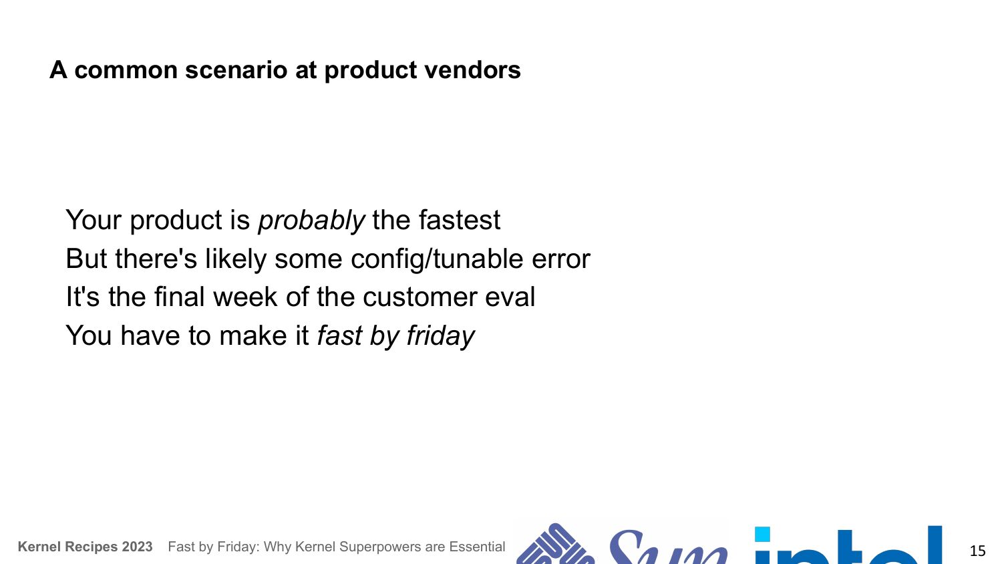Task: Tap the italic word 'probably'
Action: coord(312,221)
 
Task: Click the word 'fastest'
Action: coord(460,220)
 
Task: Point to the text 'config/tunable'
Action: coord(437,259)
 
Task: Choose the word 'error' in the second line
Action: coord(561,260)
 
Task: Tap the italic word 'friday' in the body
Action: coord(441,335)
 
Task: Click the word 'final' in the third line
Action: coord(180,297)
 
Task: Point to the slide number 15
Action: coord(977,551)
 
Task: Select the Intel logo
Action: coord(848,545)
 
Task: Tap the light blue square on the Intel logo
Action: coord(762,535)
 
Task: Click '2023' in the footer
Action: coord(138,547)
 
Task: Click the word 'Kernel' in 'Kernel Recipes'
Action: coord(39,547)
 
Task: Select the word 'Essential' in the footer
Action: coord(477,547)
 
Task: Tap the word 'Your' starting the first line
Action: coord(94,220)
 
